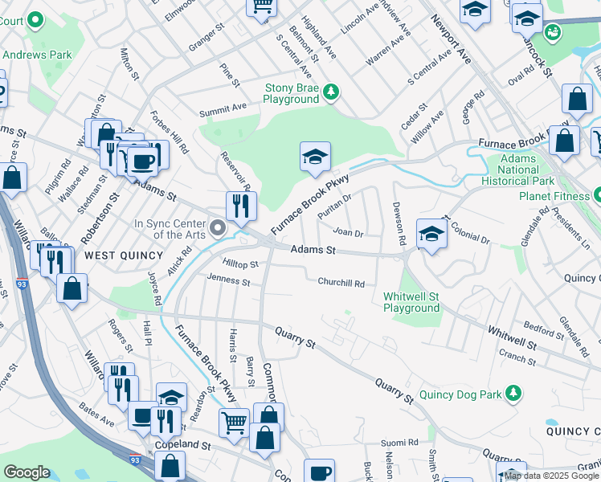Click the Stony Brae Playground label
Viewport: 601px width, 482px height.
291,93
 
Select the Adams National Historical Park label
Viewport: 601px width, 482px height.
518,170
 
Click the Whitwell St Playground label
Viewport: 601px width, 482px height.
411,302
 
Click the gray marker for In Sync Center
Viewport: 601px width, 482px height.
216,230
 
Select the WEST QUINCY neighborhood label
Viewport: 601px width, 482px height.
119,255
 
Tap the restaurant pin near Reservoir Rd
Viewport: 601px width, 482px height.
241,206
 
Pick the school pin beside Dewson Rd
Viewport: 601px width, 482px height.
431,235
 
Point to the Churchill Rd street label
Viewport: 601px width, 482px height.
341,283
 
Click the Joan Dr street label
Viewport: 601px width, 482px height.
349,233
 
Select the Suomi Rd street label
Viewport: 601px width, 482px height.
400,442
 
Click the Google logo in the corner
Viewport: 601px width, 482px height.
27,472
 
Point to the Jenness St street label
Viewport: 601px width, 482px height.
228,282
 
